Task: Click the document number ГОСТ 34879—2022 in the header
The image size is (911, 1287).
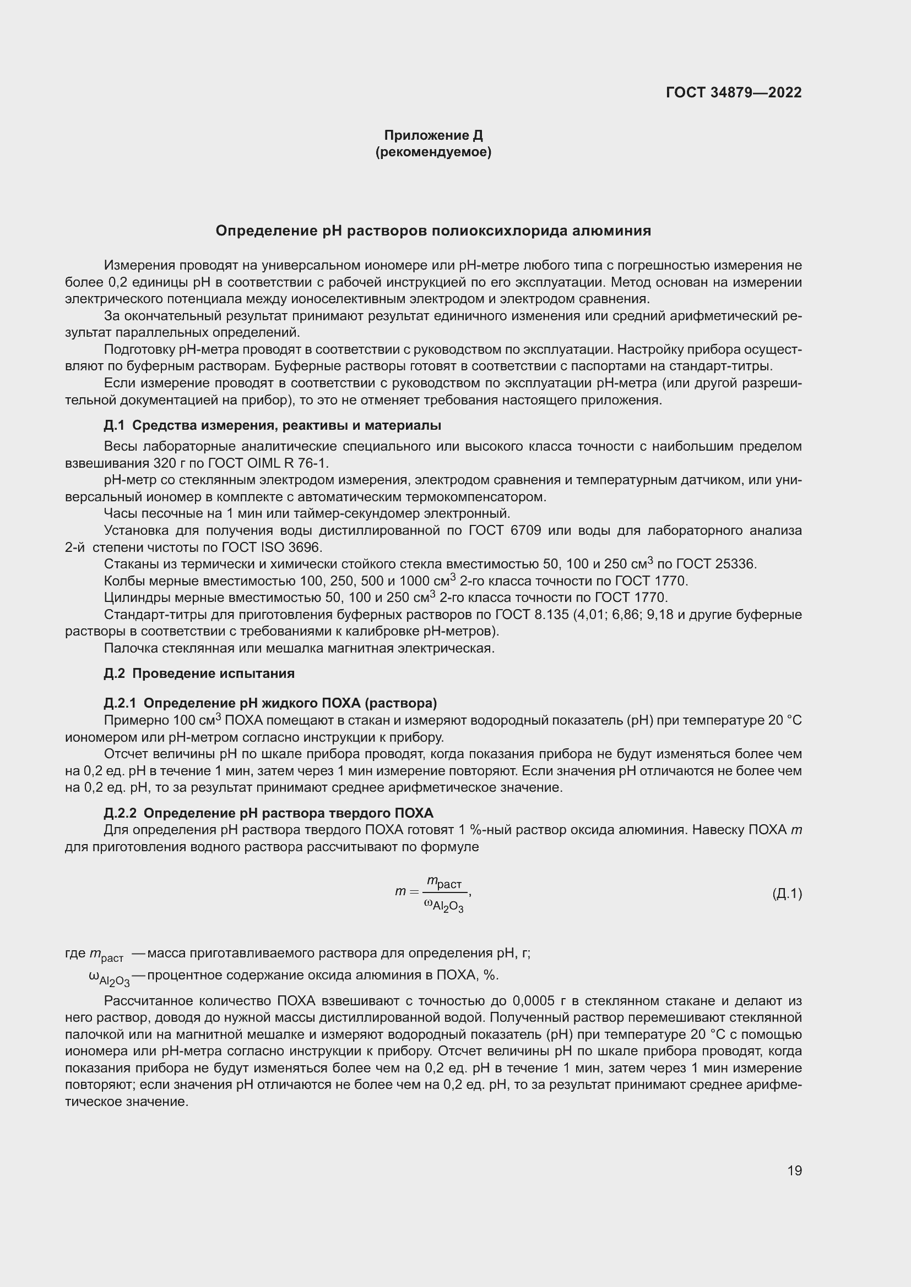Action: pyautogui.click(x=734, y=92)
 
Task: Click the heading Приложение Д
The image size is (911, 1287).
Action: pyautogui.click(x=433, y=135)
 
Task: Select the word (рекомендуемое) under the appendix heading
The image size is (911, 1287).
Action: pyautogui.click(x=433, y=152)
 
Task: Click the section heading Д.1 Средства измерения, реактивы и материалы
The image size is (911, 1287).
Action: pyautogui.click(x=272, y=425)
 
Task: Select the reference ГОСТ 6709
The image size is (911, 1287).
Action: pyautogui.click(x=505, y=530)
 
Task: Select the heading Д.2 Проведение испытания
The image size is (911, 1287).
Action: pyautogui.click(x=199, y=673)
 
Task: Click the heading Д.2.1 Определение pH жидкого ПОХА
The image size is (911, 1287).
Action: pyautogui.click(x=270, y=703)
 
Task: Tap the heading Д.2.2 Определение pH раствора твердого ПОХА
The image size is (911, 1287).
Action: pyautogui.click(x=269, y=813)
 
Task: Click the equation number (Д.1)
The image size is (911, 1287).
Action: pyautogui.click(x=787, y=894)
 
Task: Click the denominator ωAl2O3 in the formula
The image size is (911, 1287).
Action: pyautogui.click(x=444, y=905)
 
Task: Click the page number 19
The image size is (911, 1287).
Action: pyautogui.click(x=794, y=1170)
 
